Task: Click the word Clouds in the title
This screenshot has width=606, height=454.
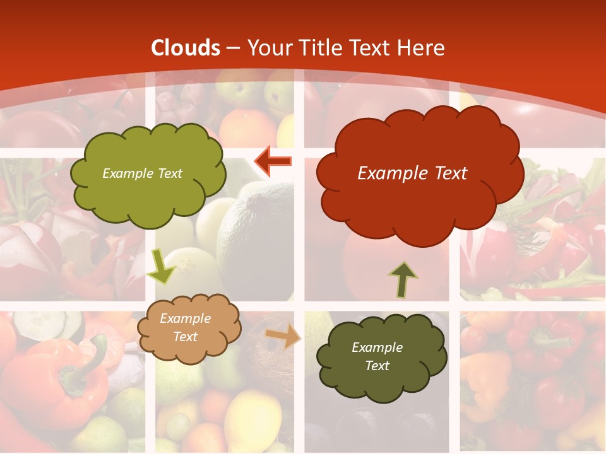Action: click(x=186, y=48)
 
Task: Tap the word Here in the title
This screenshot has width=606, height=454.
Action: click(x=421, y=48)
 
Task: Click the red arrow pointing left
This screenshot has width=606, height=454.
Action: click(x=273, y=162)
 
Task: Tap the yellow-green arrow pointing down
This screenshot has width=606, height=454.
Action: click(x=161, y=266)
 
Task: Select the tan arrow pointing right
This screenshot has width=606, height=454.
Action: click(x=283, y=336)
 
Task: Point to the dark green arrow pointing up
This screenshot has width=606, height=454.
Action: click(x=403, y=280)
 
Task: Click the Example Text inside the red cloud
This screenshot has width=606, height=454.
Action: click(x=412, y=173)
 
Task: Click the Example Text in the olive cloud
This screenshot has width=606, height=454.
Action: click(x=143, y=173)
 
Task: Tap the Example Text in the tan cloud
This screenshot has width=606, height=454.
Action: click(x=185, y=328)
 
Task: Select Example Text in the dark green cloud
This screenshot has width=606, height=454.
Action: click(x=377, y=356)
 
